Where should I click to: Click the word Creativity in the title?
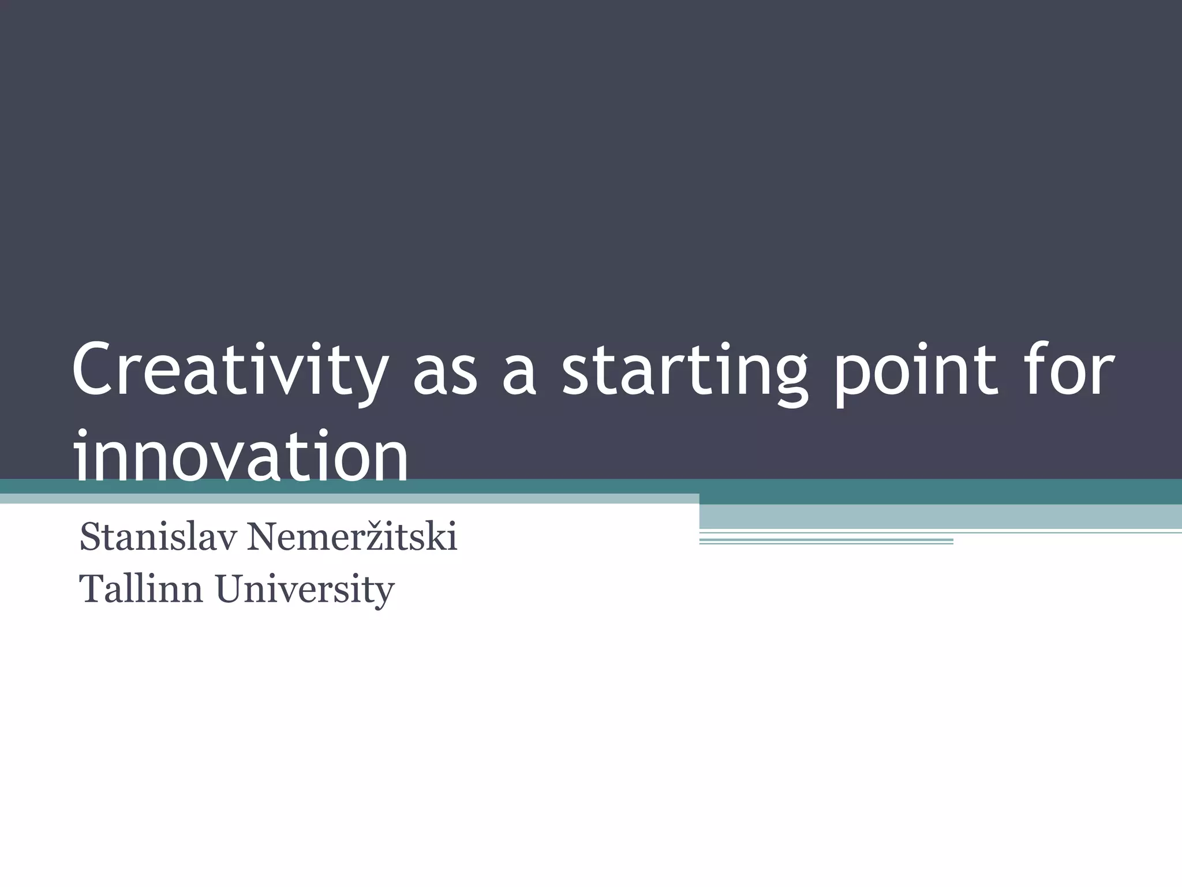pyautogui.click(x=228, y=370)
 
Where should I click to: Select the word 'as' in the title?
pyautogui.click(x=444, y=372)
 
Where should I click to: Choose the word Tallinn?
pyautogui.click(x=141, y=589)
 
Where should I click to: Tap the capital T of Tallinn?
pyautogui.click(x=92, y=589)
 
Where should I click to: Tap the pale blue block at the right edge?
pyautogui.click(x=940, y=516)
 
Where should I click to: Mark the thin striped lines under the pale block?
pyautogui.click(x=826, y=541)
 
